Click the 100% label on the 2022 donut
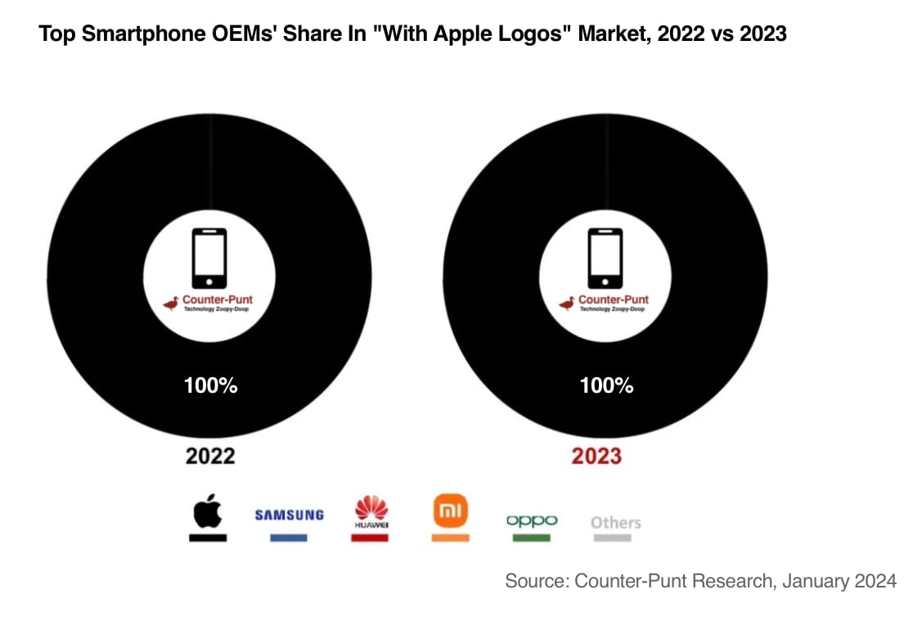click(210, 385)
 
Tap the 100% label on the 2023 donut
click(606, 385)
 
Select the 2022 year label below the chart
click(210, 456)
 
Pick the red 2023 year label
click(596, 456)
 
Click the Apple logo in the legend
click(208, 511)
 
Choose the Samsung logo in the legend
click(289, 515)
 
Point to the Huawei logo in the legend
click(370, 511)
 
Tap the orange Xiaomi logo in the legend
click(450, 512)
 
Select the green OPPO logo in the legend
click(532, 520)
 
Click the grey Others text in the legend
click(615, 522)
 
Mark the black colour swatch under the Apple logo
click(208, 538)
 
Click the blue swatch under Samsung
click(289, 538)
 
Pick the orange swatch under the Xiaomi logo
click(450, 538)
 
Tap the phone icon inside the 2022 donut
click(209, 258)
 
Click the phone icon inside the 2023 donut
click(605, 258)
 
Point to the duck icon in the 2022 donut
click(171, 304)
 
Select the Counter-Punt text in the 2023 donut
click(613, 299)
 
